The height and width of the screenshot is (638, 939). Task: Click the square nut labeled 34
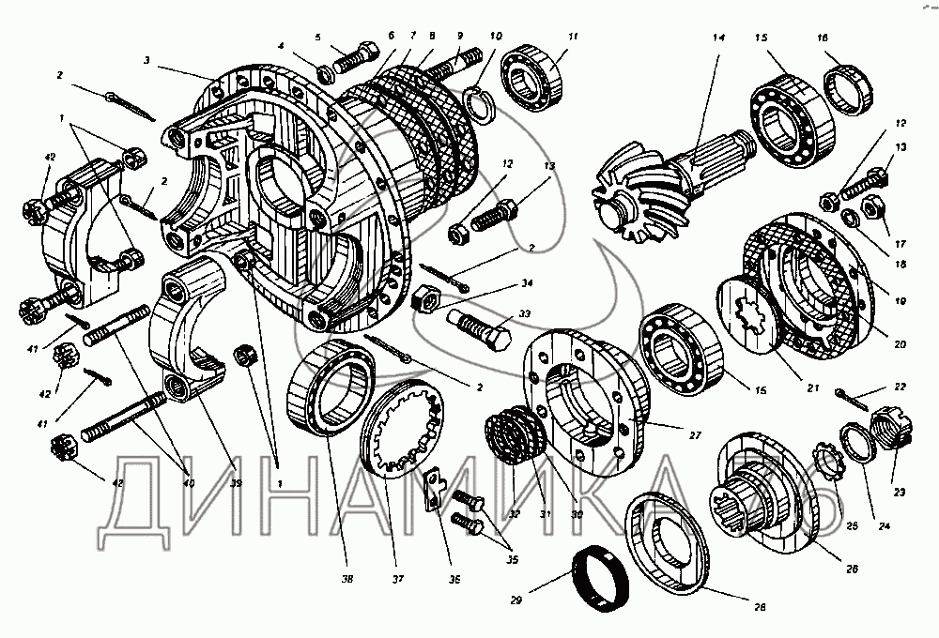(x=424, y=300)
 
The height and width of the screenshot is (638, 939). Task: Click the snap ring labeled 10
(x=480, y=104)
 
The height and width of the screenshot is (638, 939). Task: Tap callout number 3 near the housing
(x=147, y=59)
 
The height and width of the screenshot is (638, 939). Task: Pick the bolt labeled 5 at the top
(x=349, y=65)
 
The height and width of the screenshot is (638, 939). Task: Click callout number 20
(x=901, y=343)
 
